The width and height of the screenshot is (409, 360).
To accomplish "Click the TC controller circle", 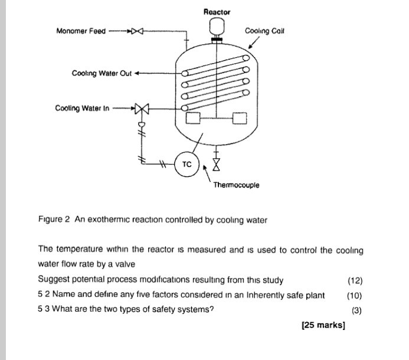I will click(186, 165).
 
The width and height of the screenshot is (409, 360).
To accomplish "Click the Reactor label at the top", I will click(217, 12).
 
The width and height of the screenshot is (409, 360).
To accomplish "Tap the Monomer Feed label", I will click(81, 31).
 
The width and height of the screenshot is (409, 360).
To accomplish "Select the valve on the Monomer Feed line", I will click(137, 31).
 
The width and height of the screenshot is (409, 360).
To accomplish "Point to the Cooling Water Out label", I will click(102, 74).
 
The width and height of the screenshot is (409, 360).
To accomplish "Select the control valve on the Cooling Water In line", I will click(142, 109).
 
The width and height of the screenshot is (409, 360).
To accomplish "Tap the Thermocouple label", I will click(236, 185).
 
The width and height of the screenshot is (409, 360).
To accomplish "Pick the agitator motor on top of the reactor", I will click(217, 27).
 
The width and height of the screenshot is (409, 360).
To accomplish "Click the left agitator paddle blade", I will click(193, 119).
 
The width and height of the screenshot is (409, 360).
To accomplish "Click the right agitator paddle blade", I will click(240, 119).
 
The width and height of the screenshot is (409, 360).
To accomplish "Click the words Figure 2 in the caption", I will click(54, 220).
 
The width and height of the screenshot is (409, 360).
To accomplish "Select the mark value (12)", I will click(355, 280).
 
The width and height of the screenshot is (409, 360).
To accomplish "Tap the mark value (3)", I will click(356, 310).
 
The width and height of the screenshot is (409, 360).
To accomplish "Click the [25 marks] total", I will click(323, 325).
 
